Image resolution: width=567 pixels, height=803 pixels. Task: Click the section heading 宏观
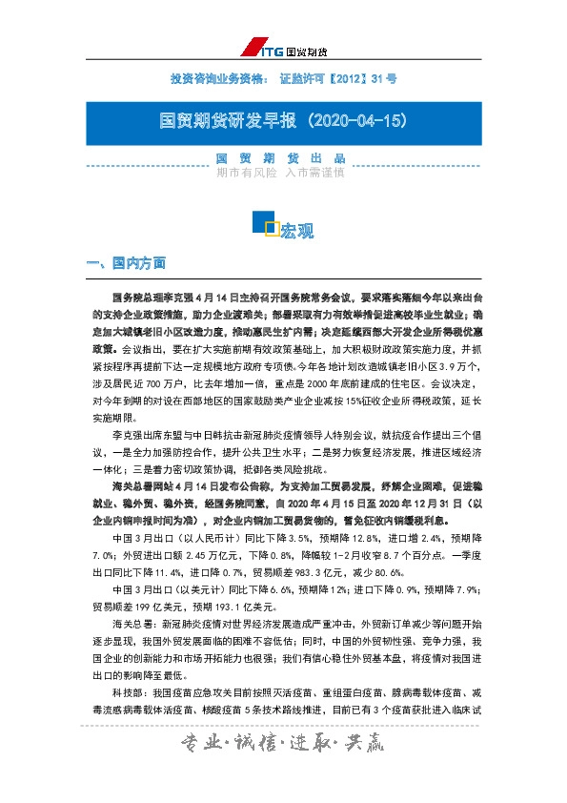click(297, 231)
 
